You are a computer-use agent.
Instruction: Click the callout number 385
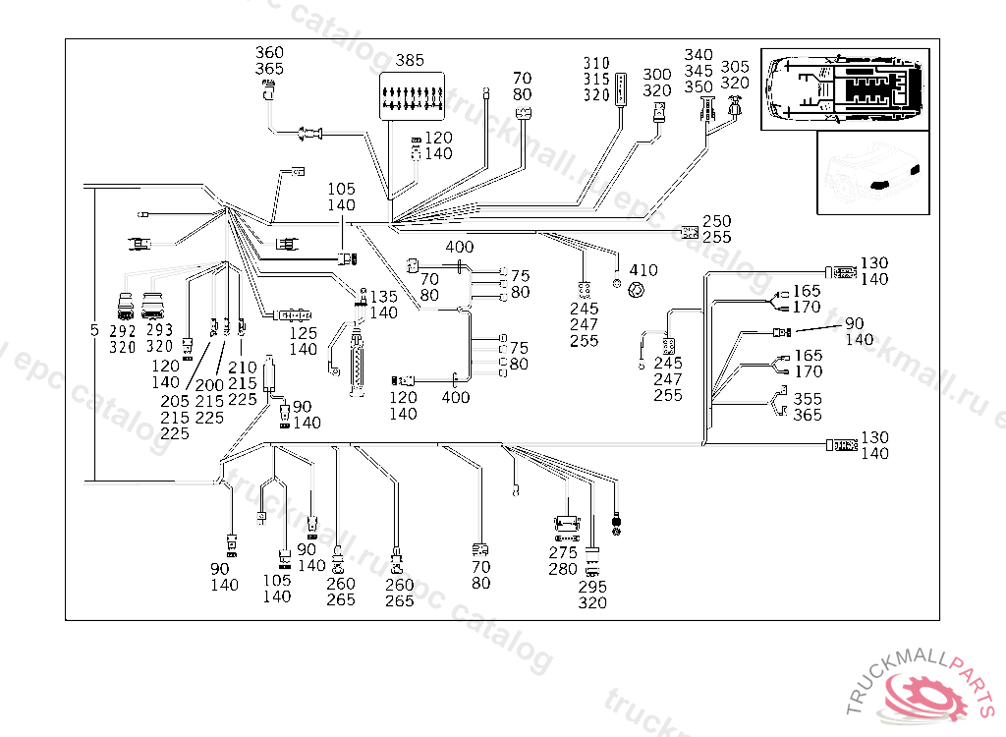coord(410,60)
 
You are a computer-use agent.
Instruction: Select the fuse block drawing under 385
coord(410,96)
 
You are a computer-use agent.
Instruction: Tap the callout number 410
coord(643,270)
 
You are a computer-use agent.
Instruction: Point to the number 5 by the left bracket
coord(95,330)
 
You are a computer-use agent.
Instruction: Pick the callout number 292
coord(123,331)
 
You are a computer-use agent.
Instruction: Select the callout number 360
coord(269,53)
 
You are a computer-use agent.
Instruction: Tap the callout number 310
coord(596,64)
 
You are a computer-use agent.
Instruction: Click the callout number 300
coord(657,75)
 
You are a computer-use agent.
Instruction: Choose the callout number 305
coord(735,67)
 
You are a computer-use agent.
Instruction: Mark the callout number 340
coord(699,55)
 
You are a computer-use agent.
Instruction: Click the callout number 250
coord(717,222)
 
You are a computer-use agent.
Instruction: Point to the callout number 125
coord(304,333)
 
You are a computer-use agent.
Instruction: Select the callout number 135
coord(384,297)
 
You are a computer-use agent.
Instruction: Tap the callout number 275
coord(563,553)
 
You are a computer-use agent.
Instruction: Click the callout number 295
coord(592,587)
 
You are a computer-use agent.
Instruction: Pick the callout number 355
coord(809,400)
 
